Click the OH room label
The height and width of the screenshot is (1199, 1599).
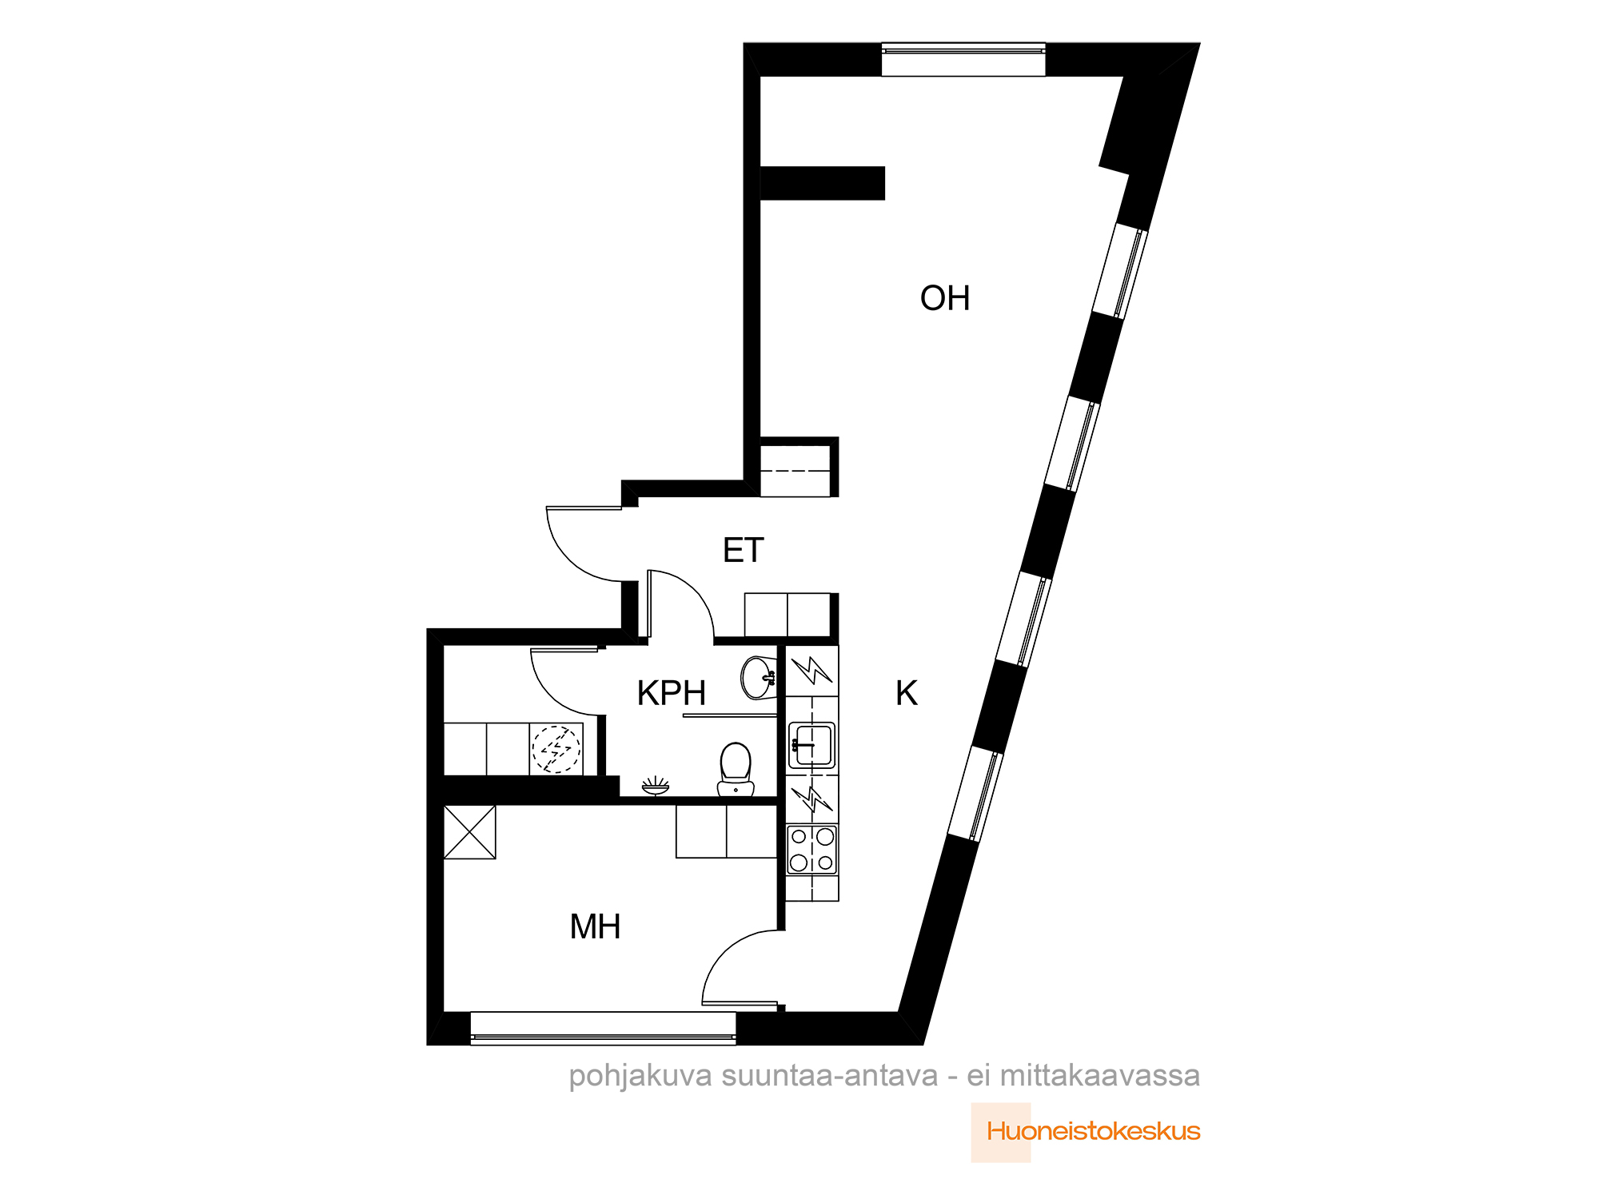point(945,298)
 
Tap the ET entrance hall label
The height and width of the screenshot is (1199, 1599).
point(743,550)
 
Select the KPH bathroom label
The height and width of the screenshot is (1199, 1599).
point(671,693)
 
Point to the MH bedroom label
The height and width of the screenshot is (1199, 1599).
point(595,926)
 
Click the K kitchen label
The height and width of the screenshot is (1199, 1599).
point(906,693)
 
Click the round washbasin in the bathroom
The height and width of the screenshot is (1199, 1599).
point(758,677)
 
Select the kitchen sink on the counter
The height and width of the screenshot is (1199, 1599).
point(812,745)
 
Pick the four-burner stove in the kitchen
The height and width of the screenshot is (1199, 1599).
point(812,849)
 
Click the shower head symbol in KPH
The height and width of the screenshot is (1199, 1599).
point(656,786)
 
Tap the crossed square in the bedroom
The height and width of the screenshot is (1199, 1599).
point(469,832)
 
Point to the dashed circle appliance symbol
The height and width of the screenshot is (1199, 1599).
point(556,749)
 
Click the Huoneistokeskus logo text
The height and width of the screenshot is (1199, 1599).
point(1093,1131)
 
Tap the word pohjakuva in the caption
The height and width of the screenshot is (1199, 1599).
point(640,1076)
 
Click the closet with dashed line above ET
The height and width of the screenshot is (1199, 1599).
point(795,471)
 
